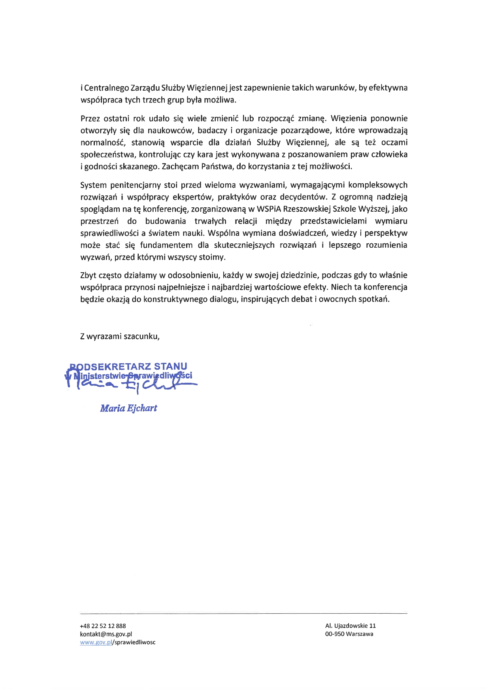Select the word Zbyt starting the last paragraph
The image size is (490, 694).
click(89, 275)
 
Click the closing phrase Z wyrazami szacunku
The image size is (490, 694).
click(120, 337)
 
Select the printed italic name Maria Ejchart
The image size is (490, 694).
click(128, 408)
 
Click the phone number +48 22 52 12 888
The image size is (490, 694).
click(103, 626)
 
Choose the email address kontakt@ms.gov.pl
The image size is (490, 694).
click(106, 634)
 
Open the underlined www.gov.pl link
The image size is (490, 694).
click(96, 642)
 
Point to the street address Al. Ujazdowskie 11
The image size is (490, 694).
click(351, 626)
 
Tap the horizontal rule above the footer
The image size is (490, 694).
click(243, 613)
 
